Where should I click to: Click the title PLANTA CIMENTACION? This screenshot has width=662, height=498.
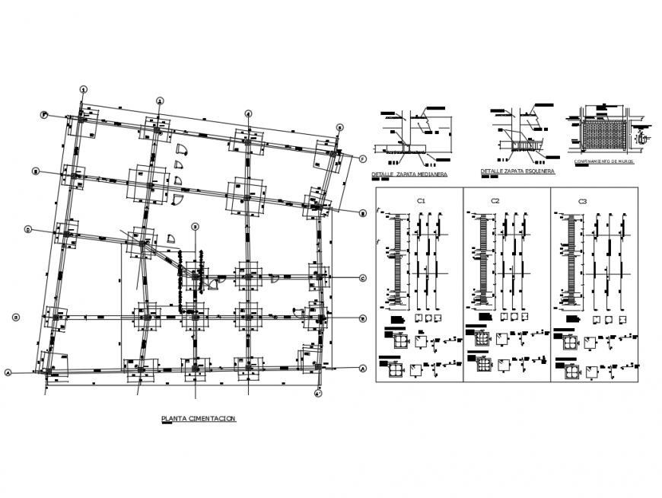click(x=199, y=418)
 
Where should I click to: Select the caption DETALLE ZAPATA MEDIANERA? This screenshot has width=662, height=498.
click(x=409, y=174)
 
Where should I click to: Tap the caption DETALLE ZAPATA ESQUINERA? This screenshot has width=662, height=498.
click(x=517, y=171)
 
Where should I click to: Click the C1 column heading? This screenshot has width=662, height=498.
click(x=420, y=201)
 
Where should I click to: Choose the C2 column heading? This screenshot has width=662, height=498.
click(x=495, y=201)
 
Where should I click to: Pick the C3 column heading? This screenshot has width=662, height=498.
click(x=582, y=201)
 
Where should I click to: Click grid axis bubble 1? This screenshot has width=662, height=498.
click(x=84, y=88)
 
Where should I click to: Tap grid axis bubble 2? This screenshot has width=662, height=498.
click(x=160, y=101)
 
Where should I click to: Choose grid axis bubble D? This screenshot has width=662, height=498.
click(x=27, y=229)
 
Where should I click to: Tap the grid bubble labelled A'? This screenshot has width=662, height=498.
click(x=317, y=394)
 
